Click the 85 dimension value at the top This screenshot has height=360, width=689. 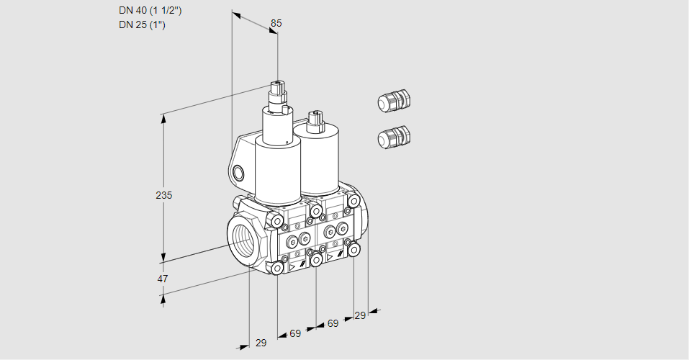coord(276,23)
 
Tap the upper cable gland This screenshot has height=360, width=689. coord(394,101)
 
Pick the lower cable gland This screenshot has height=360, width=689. coord(394,137)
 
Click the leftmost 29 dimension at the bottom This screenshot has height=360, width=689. coord(261,343)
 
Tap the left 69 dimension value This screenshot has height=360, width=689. coord(295,333)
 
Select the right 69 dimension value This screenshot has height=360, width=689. coord(333,323)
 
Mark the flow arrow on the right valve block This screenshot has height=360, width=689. coord(330,256)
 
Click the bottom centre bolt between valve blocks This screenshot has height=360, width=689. coord(315,258)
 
